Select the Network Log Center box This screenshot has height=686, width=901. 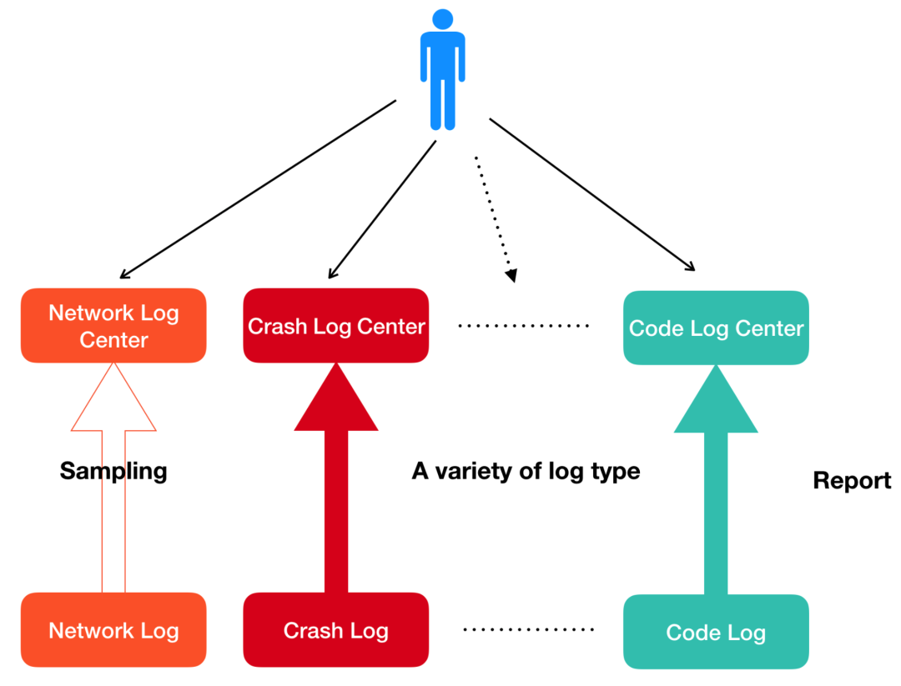click(113, 326)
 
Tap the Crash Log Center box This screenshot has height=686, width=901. click(336, 326)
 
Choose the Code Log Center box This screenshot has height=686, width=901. click(716, 328)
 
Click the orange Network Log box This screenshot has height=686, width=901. click(113, 630)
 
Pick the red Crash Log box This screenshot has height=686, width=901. click(336, 630)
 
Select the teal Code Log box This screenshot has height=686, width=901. click(716, 633)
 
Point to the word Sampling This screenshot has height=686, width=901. click(113, 471)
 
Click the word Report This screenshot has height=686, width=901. click(852, 481)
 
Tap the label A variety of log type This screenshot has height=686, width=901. click(526, 471)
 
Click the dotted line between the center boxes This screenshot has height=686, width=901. click(524, 326)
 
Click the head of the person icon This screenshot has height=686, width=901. click(443, 19)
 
